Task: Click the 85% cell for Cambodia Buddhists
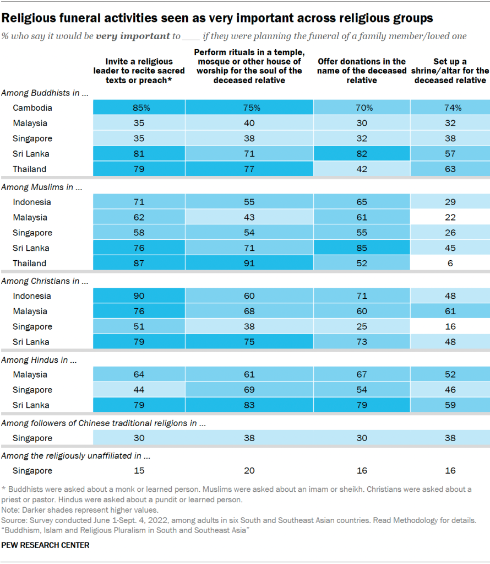pos(139,108)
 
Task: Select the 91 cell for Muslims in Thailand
pos(249,264)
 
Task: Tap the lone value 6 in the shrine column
pos(450,264)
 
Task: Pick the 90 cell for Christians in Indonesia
pos(139,296)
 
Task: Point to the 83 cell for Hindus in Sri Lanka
pos(249,405)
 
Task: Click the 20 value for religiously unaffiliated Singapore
pos(249,471)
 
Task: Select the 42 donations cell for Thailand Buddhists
pos(361,169)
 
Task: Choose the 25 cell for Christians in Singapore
pos(361,327)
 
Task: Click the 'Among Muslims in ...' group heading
pos(42,187)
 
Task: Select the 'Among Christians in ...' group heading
pos(45,281)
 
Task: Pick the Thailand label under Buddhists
pos(30,169)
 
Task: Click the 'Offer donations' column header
pos(361,71)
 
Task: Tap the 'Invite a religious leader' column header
pos(139,71)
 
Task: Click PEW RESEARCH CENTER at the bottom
pos(46,545)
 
